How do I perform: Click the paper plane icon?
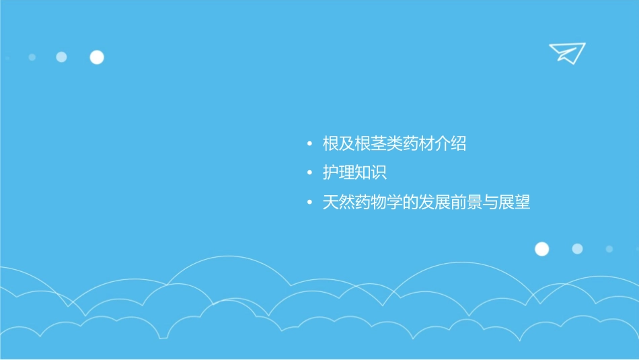(x=566, y=52)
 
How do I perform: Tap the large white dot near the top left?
(x=97, y=57)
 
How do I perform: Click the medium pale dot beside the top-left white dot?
(x=61, y=57)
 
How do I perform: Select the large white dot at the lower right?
(x=541, y=249)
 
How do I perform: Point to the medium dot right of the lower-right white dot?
(x=577, y=249)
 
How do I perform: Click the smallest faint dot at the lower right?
(x=609, y=249)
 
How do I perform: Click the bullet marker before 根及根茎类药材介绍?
(x=309, y=144)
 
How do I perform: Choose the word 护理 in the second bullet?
(x=338, y=173)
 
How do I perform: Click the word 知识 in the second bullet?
(x=371, y=173)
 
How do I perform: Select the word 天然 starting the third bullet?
(x=338, y=203)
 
